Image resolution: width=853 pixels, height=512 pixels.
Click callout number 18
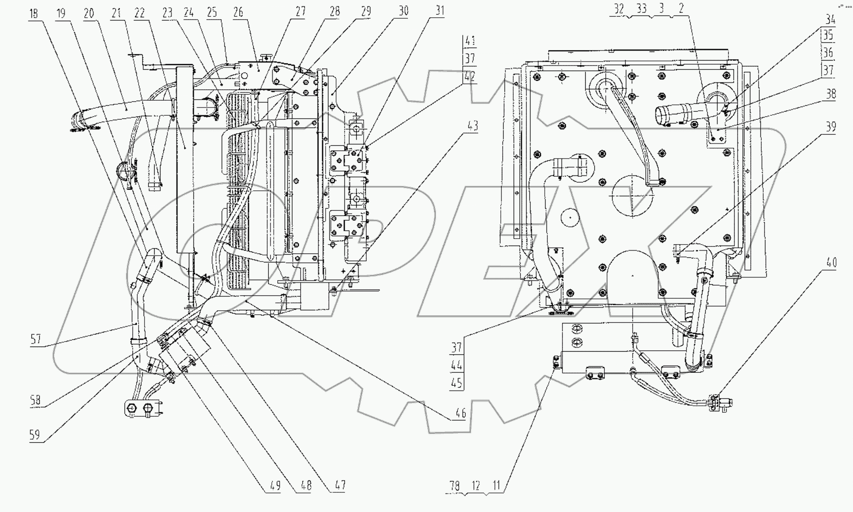click(x=33, y=14)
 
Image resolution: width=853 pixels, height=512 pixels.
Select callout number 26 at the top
click(x=238, y=12)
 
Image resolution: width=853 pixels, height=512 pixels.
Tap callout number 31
click(x=439, y=10)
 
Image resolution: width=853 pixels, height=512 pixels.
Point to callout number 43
click(x=473, y=125)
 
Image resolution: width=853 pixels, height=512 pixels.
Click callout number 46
click(x=461, y=413)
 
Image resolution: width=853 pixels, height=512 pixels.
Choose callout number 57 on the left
click(x=36, y=339)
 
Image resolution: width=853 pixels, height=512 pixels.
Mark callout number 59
click(x=35, y=435)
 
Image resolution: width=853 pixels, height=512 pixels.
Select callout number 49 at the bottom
click(x=275, y=486)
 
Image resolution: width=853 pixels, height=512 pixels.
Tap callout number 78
click(x=454, y=486)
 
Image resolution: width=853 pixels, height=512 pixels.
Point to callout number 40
click(x=831, y=263)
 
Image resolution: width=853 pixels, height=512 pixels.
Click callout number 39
click(x=831, y=127)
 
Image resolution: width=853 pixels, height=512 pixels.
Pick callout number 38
click(x=831, y=94)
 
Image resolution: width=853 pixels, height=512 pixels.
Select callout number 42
click(x=469, y=76)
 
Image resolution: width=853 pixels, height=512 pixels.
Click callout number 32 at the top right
click(x=619, y=9)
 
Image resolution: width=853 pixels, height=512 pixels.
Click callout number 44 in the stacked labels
click(x=456, y=365)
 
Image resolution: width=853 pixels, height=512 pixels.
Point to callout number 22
click(x=139, y=13)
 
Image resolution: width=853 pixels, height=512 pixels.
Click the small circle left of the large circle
click(x=570, y=218)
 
